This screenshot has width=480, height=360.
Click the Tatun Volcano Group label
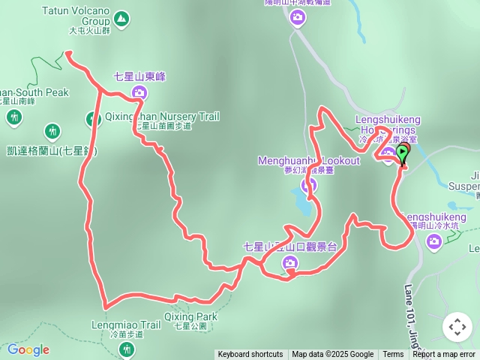(x=75, y=16)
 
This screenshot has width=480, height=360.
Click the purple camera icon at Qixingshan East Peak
(x=139, y=93)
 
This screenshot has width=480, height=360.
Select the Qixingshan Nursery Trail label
(x=161, y=117)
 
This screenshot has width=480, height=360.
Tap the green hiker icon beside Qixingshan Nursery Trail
(x=92, y=118)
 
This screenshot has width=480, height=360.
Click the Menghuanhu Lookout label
(x=308, y=160)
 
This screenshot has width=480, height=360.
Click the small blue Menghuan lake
(x=300, y=200)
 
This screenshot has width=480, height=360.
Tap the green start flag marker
(x=403, y=154)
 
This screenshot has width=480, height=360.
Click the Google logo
(x=28, y=349)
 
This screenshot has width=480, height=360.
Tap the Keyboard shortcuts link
(x=250, y=355)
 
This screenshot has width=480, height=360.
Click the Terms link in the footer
(x=393, y=355)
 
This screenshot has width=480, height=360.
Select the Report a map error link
(x=444, y=355)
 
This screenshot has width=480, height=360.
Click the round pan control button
(x=457, y=327)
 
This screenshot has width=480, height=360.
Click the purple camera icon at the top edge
(x=298, y=16)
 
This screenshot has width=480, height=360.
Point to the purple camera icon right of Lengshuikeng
(x=433, y=241)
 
